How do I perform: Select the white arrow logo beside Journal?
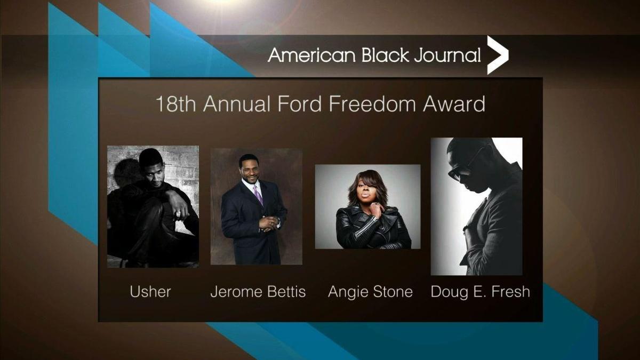tap(498, 55)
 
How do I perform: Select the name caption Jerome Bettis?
tap(258, 292)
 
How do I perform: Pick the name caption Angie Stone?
tap(370, 292)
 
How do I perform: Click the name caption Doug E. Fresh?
tap(480, 292)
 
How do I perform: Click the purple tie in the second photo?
tap(258, 195)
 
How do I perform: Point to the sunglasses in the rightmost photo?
tap(461, 165)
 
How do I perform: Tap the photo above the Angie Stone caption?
tap(367, 206)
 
